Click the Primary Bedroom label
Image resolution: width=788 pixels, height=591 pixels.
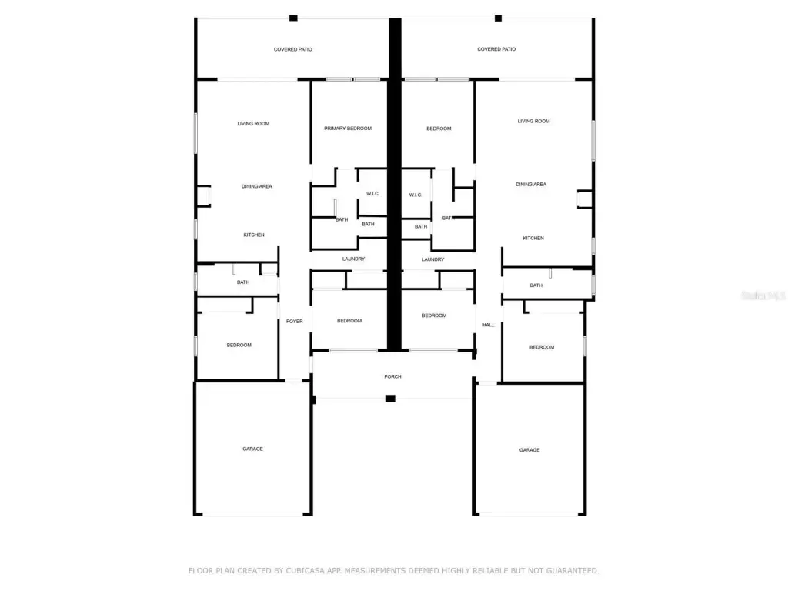[x=348, y=129]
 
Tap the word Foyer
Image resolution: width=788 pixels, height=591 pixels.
[x=295, y=322]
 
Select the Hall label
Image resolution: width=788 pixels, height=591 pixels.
[x=489, y=326]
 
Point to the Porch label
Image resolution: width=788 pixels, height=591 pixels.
[x=393, y=377]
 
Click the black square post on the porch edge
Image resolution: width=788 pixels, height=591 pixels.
[x=390, y=399]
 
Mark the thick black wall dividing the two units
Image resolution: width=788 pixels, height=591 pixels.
[x=395, y=184]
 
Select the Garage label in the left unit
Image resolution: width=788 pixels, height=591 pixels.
[x=252, y=449]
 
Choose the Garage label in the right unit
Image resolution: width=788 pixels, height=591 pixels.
[x=529, y=450]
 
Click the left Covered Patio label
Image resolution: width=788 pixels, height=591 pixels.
[x=293, y=50]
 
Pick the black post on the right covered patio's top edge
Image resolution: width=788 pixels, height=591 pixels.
[x=498, y=18]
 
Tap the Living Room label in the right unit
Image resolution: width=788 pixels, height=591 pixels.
[x=534, y=121]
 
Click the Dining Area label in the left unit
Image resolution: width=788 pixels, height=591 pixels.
[x=257, y=186]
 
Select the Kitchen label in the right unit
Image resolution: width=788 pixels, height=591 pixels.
[x=533, y=239]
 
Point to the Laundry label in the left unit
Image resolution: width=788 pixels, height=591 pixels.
[x=354, y=259]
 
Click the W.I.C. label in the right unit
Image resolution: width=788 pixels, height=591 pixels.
[x=416, y=195]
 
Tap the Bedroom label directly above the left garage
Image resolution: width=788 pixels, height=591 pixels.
[x=239, y=346]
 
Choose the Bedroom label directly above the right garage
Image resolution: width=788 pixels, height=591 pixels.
[x=542, y=347]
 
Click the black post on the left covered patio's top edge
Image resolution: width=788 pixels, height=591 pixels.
[x=293, y=18]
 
